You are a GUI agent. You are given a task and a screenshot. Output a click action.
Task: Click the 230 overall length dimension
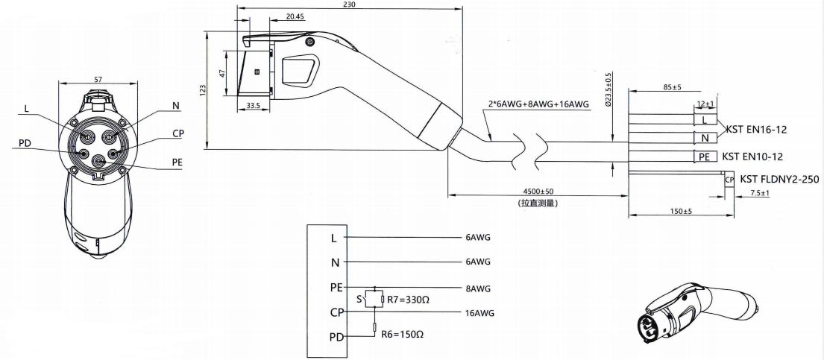[349, 4]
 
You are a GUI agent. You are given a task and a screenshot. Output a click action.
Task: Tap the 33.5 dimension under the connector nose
[253, 106]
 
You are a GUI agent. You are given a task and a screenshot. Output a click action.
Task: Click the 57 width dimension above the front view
[98, 78]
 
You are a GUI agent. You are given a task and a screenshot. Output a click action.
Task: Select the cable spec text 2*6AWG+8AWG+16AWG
[536, 105]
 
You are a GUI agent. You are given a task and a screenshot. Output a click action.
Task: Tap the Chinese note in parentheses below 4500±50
[537, 202]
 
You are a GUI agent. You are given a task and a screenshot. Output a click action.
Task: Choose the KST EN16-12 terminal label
[757, 129]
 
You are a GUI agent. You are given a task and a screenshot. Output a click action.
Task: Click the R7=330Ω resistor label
[407, 300]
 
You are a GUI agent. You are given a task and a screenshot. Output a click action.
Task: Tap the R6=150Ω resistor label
[402, 335]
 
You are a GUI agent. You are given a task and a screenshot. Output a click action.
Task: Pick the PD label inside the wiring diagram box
[335, 338]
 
